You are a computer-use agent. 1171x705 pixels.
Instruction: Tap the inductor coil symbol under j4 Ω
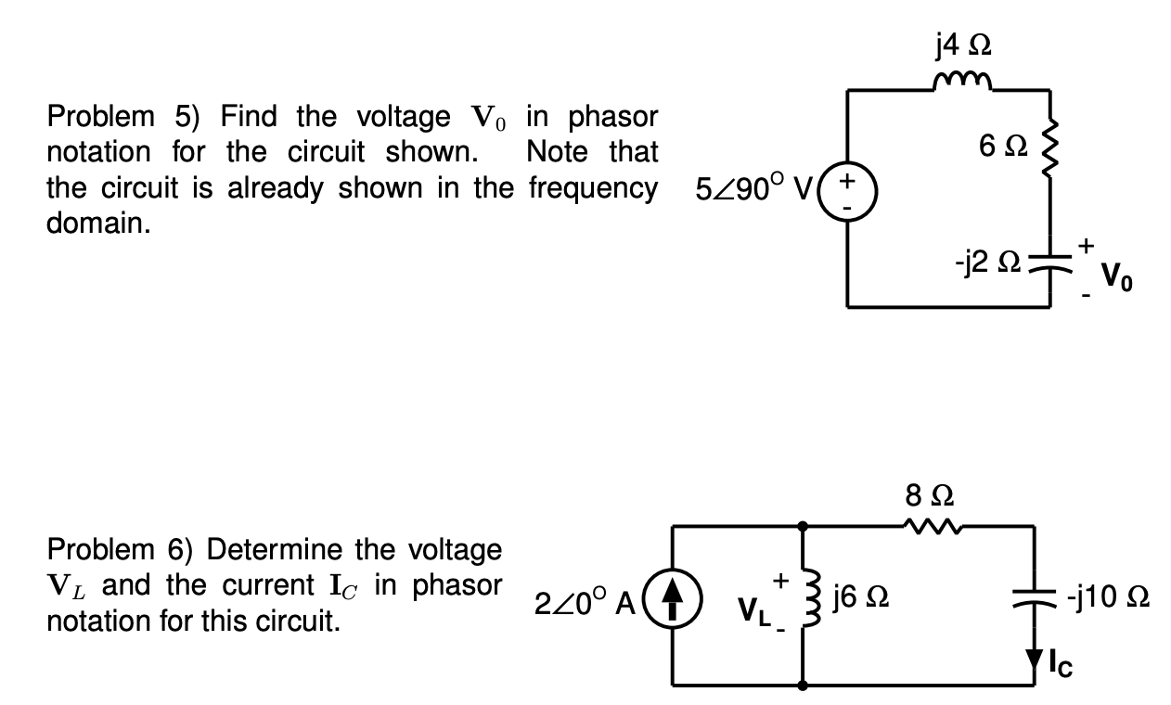965,84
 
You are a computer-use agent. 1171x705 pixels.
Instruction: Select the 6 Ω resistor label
1000,146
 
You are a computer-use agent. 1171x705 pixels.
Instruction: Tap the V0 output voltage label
1115,276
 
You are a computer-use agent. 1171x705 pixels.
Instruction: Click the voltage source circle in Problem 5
846,198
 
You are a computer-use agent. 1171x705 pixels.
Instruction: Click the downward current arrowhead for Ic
1035,656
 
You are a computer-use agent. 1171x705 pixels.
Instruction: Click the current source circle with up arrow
675,606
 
